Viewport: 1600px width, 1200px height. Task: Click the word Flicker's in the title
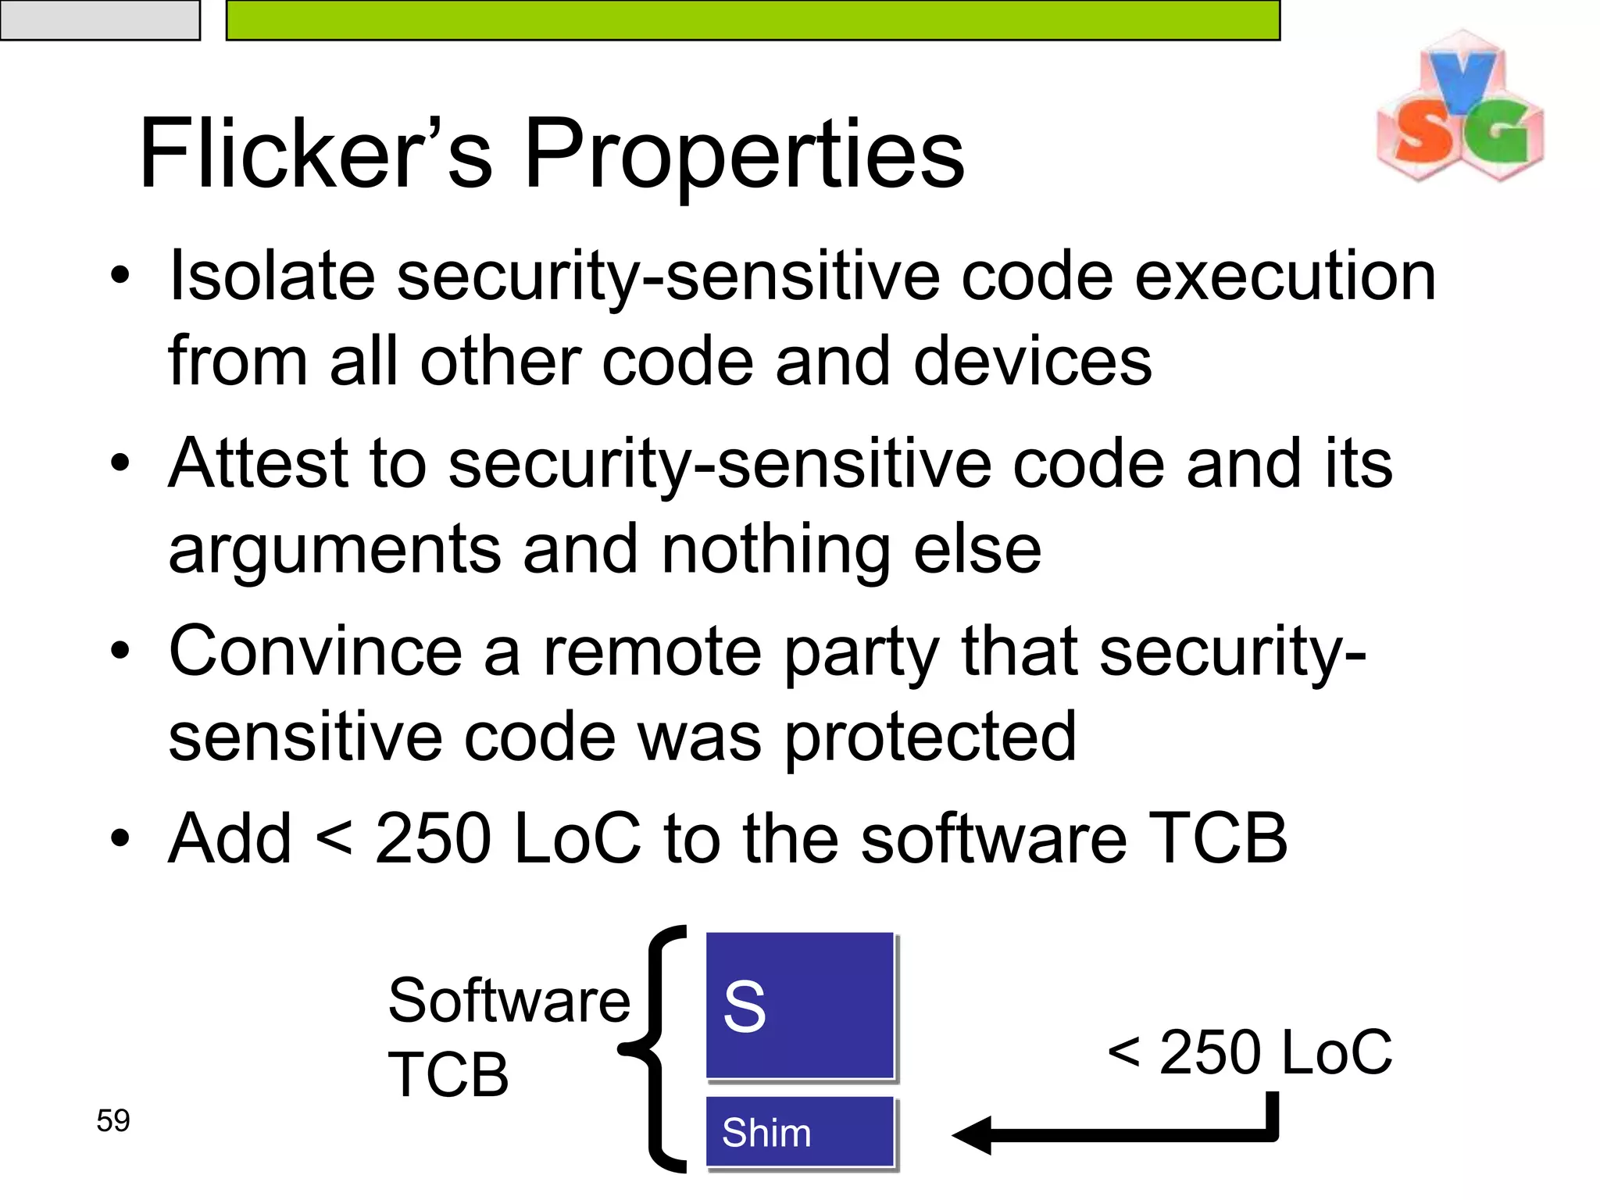(316, 154)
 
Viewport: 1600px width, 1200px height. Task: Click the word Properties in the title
(744, 154)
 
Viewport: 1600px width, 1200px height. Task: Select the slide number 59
(113, 1120)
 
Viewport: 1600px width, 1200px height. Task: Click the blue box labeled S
(799, 1005)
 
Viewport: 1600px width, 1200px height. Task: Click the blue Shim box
(799, 1132)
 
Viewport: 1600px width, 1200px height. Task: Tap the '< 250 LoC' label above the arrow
(1249, 1052)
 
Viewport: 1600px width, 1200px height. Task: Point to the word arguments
(334, 552)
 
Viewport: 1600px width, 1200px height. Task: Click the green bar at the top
(752, 20)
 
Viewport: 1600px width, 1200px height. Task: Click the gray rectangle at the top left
(99, 20)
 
